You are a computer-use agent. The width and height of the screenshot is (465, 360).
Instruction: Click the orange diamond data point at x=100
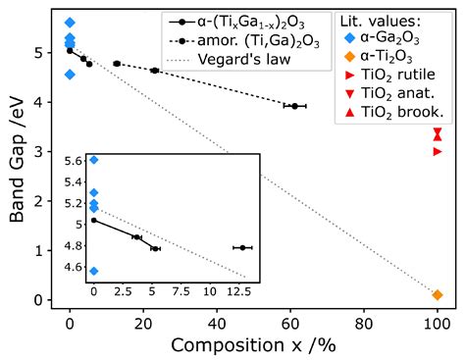point(438,294)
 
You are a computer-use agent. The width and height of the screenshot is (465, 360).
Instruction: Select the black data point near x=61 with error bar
point(295,106)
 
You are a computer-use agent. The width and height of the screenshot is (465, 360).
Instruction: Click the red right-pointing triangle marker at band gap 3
point(438,151)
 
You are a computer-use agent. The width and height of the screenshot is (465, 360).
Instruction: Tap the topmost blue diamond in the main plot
point(69,22)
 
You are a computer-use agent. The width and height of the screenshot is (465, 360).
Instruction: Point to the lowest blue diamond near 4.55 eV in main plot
point(69,74)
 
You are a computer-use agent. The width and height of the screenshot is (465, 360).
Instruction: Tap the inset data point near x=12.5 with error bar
point(242,247)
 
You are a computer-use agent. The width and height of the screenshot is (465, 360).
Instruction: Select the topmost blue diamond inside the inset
point(93,159)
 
